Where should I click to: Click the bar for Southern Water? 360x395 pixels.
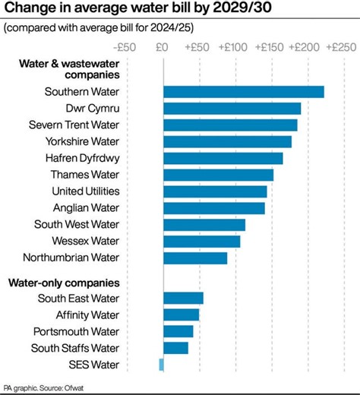point(244,92)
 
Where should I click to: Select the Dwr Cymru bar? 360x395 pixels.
point(232,109)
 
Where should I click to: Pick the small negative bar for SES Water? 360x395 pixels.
point(161,365)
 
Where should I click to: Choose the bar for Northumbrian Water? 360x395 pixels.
point(195,258)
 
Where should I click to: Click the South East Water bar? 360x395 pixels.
point(183,298)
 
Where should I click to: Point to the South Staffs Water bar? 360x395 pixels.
point(175,348)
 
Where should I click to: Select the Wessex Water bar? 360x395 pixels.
point(202,241)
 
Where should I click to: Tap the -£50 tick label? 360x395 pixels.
point(124,47)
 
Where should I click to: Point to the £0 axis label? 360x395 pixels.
point(162,47)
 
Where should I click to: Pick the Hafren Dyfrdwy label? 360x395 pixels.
point(83,158)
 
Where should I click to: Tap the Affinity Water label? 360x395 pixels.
point(87,314)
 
